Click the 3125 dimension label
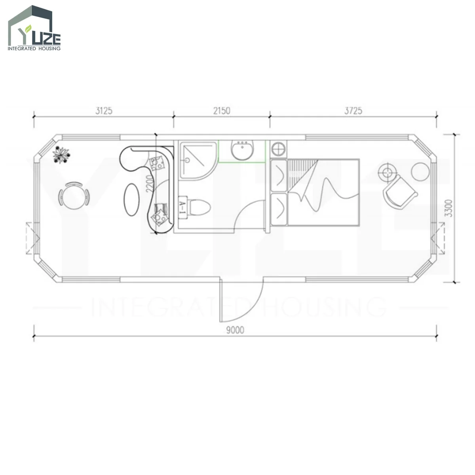[x=104, y=111]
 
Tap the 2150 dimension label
[x=222, y=111]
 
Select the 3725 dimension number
[x=353, y=111]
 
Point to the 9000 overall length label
[x=235, y=330]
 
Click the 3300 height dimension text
[x=450, y=208]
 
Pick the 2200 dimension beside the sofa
[x=149, y=184]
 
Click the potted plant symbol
[x=61, y=154]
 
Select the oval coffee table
[x=131, y=199]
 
